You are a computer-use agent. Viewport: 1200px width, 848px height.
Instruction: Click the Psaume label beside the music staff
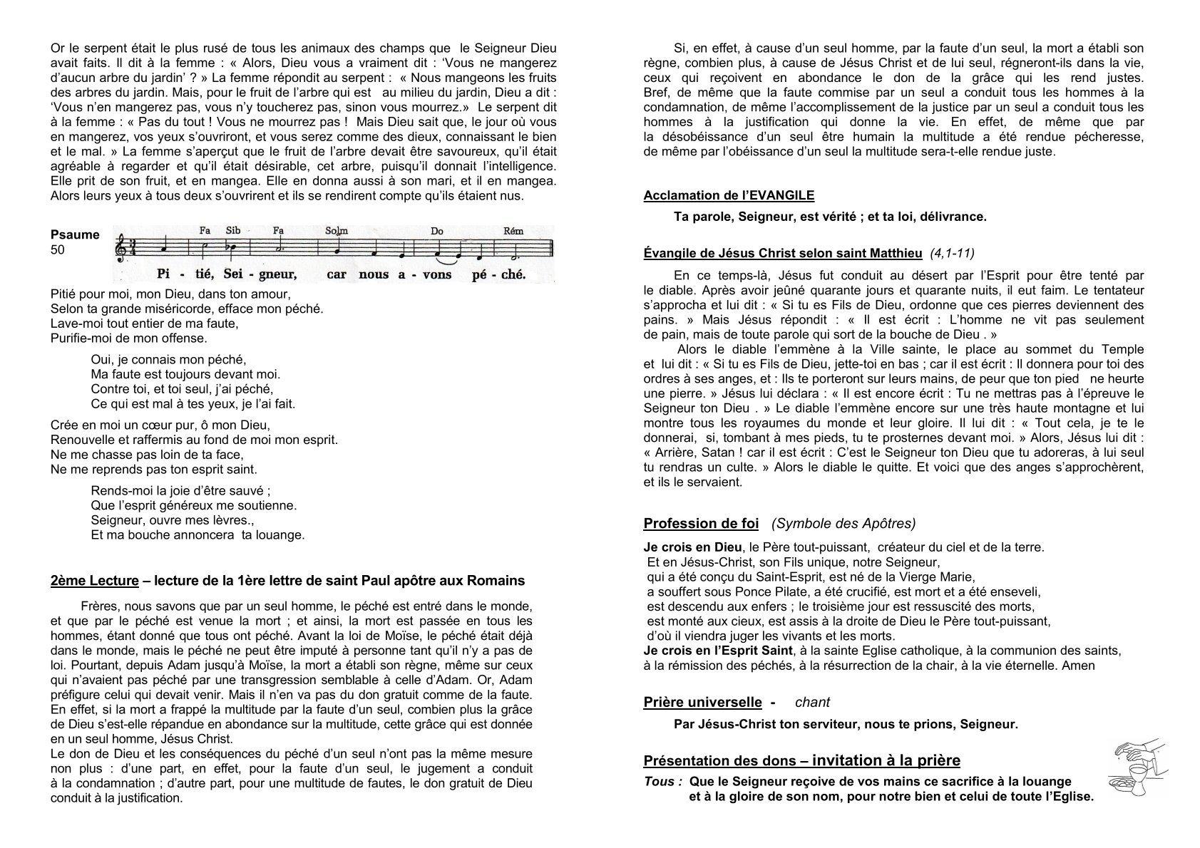(x=75, y=235)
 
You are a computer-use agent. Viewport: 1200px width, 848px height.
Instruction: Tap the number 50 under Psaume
(x=58, y=250)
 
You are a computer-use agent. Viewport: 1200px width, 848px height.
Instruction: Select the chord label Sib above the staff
(x=233, y=230)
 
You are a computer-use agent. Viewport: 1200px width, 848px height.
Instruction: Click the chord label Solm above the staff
(x=336, y=230)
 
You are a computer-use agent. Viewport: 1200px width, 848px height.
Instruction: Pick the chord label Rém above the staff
(x=513, y=230)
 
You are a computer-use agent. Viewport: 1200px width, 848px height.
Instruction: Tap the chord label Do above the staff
(x=437, y=231)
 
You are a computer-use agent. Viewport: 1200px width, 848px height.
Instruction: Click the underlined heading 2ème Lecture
(x=94, y=581)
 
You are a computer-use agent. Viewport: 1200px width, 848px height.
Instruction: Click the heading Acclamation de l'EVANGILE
(x=729, y=195)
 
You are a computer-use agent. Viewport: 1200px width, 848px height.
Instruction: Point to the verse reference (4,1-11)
(x=953, y=253)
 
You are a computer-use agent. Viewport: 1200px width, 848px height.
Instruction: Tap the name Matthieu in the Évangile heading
(x=898, y=253)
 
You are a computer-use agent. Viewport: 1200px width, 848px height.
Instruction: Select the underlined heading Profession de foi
(x=701, y=524)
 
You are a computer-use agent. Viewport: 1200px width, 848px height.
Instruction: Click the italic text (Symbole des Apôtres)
(x=843, y=524)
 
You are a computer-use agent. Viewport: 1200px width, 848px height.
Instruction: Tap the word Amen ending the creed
(x=1078, y=666)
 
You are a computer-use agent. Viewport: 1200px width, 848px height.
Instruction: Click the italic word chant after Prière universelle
(x=812, y=703)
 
